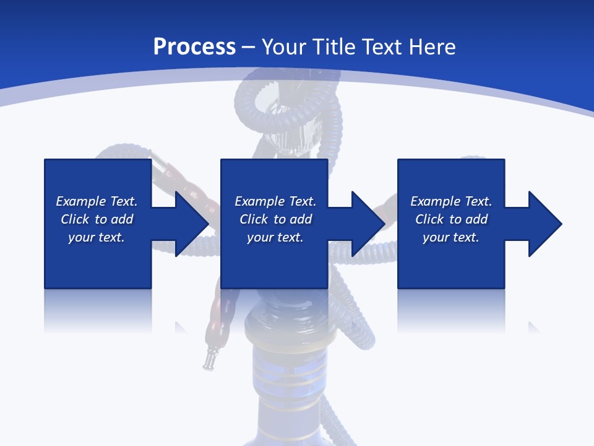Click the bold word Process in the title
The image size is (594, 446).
coord(194,47)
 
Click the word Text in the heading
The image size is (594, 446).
coord(381,47)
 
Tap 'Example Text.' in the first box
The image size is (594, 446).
coord(97,201)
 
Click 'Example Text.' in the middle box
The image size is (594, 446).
coord(275,201)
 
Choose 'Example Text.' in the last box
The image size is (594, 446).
coord(451,201)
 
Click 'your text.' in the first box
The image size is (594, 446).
coord(97,237)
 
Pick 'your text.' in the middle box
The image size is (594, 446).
coord(275,237)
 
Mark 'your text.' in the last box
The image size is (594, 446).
coord(451,237)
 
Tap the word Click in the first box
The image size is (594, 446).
coord(75,219)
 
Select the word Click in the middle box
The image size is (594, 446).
coord(254,219)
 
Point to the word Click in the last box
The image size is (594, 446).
coord(429,219)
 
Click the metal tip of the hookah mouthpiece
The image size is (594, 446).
coord(210,361)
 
